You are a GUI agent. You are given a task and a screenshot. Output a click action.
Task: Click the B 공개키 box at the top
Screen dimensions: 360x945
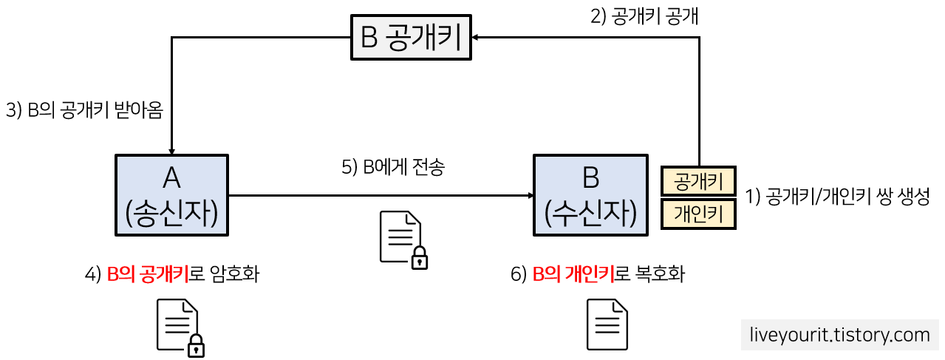coord(410,39)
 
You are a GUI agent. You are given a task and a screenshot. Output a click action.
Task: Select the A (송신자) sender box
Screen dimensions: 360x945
coord(171,194)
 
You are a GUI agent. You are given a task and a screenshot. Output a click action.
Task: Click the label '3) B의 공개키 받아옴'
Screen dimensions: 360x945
coord(84,110)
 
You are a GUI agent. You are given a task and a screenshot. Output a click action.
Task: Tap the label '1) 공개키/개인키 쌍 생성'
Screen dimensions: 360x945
coord(836,198)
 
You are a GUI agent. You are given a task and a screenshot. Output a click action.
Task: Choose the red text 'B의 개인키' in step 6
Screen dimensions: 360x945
coord(573,275)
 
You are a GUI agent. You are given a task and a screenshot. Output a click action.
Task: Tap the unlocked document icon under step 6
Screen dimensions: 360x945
coord(607,325)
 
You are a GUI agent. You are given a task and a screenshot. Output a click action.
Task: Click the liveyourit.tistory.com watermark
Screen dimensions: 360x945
coord(839,335)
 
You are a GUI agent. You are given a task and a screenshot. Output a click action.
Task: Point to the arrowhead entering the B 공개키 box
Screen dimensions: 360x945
coord(475,37)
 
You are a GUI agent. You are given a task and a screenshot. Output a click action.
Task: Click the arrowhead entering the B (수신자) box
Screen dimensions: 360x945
coord(530,195)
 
